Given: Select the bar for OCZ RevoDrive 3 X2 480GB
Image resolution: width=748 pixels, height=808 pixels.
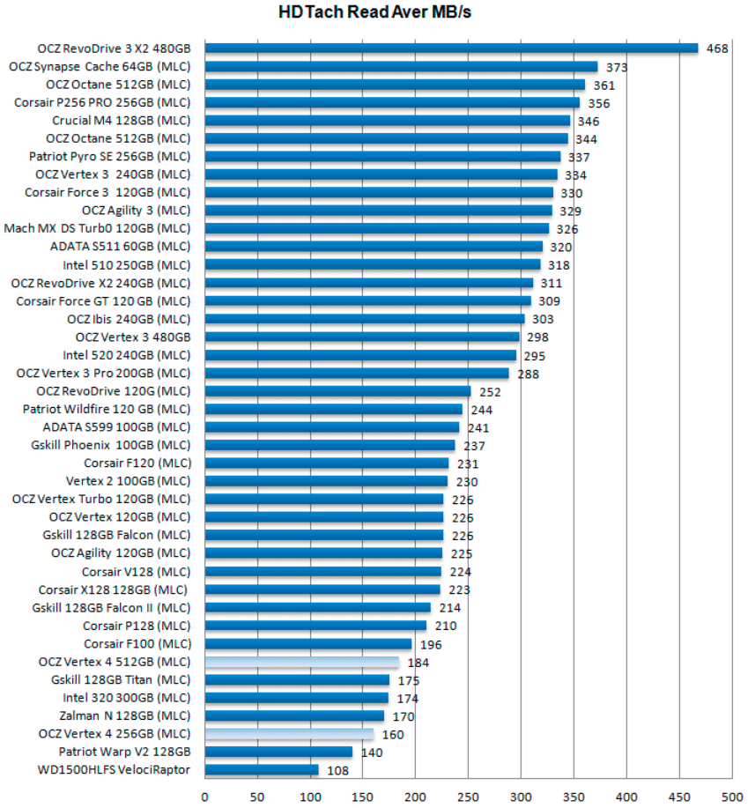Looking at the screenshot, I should point(451,48).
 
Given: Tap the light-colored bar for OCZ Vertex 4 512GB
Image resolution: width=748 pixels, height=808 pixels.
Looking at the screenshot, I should point(302,662).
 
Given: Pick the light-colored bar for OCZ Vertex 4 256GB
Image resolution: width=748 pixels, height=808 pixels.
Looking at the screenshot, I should point(289,734).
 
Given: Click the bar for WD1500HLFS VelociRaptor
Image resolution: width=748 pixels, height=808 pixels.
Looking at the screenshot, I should point(262,770).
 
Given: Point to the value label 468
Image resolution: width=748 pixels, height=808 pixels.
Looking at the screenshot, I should point(717,49).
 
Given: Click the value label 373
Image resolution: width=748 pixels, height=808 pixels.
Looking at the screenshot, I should point(617,67).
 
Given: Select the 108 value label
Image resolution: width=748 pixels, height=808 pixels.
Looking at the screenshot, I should point(337,771).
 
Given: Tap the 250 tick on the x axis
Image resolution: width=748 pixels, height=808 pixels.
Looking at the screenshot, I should point(469,796).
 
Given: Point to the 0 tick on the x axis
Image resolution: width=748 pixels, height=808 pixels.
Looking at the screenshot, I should point(205,796).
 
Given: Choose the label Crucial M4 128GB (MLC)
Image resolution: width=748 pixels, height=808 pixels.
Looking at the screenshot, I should point(121,121).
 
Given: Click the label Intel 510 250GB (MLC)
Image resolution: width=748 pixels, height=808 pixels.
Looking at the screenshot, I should point(126,264).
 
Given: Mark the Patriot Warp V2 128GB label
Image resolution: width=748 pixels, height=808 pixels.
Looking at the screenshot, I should point(124,752).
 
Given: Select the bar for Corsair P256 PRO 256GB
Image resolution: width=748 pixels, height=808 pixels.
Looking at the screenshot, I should point(392,102).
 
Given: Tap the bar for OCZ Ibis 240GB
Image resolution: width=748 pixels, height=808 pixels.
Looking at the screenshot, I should point(365,318).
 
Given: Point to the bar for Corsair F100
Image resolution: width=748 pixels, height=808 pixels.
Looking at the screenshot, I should point(308,644).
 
